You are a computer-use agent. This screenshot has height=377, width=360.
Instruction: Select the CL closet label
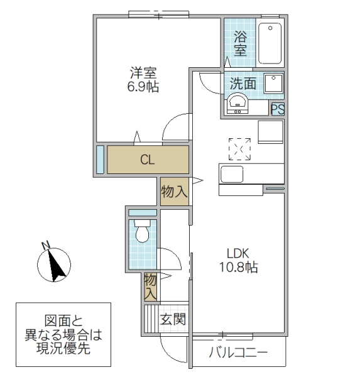[x=147, y=160]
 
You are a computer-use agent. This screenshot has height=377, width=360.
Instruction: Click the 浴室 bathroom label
[x=241, y=43]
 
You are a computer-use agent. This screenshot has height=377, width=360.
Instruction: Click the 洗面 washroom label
[x=243, y=83]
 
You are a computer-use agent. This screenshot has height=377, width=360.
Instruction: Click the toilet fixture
[x=142, y=233]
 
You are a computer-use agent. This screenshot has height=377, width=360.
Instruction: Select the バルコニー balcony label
[x=238, y=352]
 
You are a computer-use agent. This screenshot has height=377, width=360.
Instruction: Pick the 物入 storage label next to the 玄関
[x=150, y=287]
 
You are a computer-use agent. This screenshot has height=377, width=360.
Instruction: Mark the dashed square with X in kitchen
[x=239, y=149]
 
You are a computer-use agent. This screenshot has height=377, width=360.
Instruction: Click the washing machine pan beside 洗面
[x=273, y=84]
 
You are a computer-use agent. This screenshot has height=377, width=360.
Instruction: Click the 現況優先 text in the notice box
[x=63, y=348]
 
